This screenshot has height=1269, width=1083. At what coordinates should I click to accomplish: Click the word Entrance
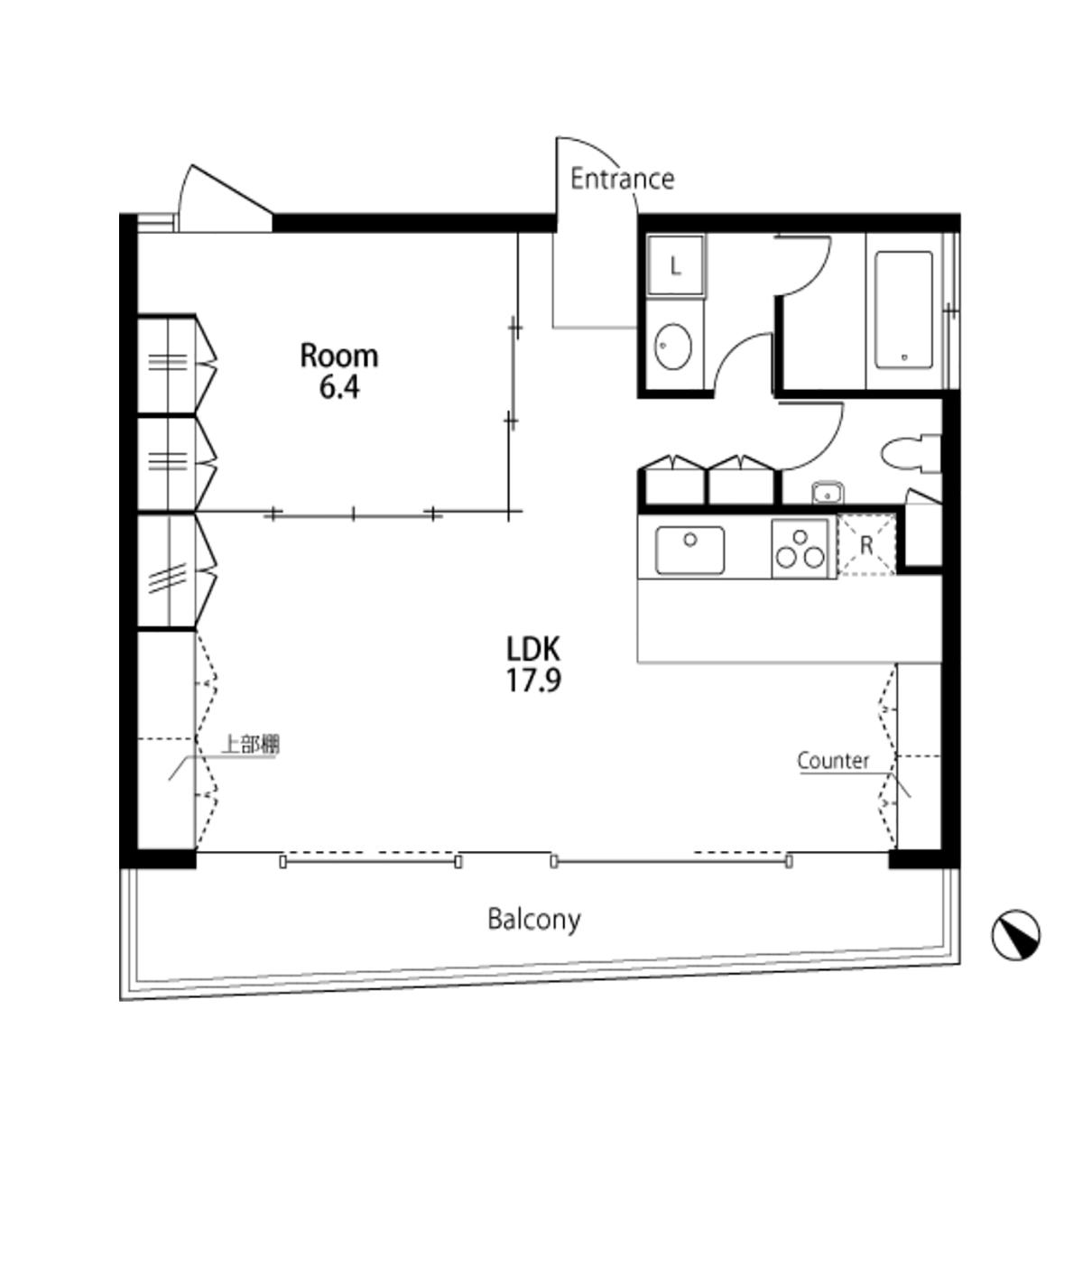coord(622,179)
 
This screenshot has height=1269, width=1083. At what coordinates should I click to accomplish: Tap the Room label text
coord(339,357)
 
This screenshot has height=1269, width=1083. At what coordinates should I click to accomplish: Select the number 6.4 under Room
coord(339,387)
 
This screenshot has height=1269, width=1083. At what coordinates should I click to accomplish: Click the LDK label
coord(532,648)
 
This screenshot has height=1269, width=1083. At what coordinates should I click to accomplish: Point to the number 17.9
coord(532,681)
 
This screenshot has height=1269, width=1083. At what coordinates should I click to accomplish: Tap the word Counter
coord(833,761)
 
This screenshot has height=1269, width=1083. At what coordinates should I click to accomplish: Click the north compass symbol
coord(1015,935)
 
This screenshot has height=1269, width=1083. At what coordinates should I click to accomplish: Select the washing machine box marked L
coord(675,266)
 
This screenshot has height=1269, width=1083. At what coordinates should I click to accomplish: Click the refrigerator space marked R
coord(867,545)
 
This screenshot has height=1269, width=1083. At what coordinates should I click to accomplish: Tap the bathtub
coord(903,310)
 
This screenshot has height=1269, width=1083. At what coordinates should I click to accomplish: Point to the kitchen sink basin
coord(690,550)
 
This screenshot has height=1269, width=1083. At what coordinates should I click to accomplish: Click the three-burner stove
coord(801,549)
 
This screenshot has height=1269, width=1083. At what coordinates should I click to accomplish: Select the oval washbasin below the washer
coord(672,347)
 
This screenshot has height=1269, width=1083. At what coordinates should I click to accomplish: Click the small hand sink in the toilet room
coord(828,493)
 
